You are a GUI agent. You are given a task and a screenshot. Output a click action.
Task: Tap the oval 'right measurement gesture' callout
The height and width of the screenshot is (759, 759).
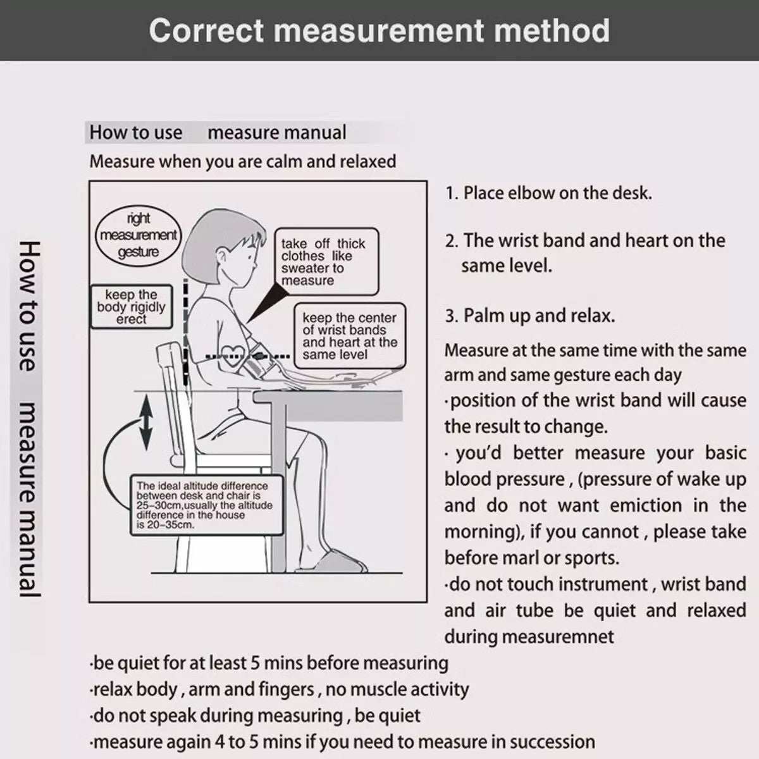coord(139,235)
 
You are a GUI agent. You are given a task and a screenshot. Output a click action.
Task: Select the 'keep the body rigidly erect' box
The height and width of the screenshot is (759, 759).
coord(132,307)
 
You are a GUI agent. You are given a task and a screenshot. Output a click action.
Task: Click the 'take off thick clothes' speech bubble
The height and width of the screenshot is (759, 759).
coord(328,261)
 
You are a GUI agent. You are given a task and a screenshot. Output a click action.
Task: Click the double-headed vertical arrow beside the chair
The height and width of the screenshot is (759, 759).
coord(146,421)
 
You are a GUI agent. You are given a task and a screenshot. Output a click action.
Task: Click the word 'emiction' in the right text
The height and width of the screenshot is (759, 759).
coord(638,505)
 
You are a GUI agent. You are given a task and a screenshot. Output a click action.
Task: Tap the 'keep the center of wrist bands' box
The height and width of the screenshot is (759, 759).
coord(349,336)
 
